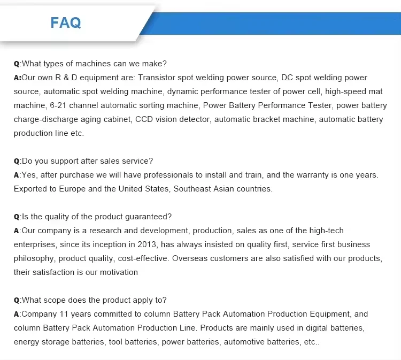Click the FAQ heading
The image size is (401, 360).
pos(66,22)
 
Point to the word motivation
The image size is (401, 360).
pos(116,272)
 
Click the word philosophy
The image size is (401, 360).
pos(35,258)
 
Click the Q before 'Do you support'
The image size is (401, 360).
pos(17,161)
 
